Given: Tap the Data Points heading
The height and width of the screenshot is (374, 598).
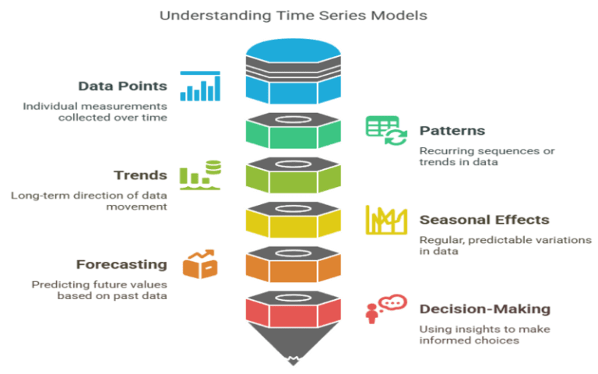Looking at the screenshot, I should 123,86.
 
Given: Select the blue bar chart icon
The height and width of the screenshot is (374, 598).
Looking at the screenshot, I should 199,86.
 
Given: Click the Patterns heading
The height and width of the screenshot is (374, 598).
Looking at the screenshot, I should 452,130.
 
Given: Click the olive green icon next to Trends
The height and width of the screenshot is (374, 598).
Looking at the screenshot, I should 199,175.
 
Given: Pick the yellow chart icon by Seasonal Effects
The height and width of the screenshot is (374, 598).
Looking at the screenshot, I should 386,220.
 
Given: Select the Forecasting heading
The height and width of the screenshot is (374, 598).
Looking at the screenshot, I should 121,264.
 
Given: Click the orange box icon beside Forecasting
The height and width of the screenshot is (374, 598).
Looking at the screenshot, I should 199,264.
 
